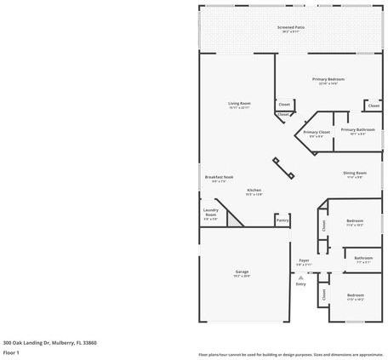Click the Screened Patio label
click(x=291, y=27)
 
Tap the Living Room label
click(x=239, y=103)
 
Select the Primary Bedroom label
click(x=328, y=79)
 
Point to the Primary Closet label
click(x=317, y=132)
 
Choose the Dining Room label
click(x=355, y=173)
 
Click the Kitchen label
click(x=254, y=190)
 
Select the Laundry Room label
click(x=210, y=212)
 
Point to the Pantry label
click(x=282, y=219)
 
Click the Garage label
click(x=242, y=271)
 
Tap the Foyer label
click(x=304, y=260)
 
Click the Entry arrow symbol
click(x=300, y=277)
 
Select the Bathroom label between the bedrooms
click(x=363, y=257)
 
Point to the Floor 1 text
click(x=11, y=351)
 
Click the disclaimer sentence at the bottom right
click(x=291, y=354)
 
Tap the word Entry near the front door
click(x=300, y=284)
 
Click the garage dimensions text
click(x=242, y=277)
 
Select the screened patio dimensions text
click(x=291, y=32)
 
